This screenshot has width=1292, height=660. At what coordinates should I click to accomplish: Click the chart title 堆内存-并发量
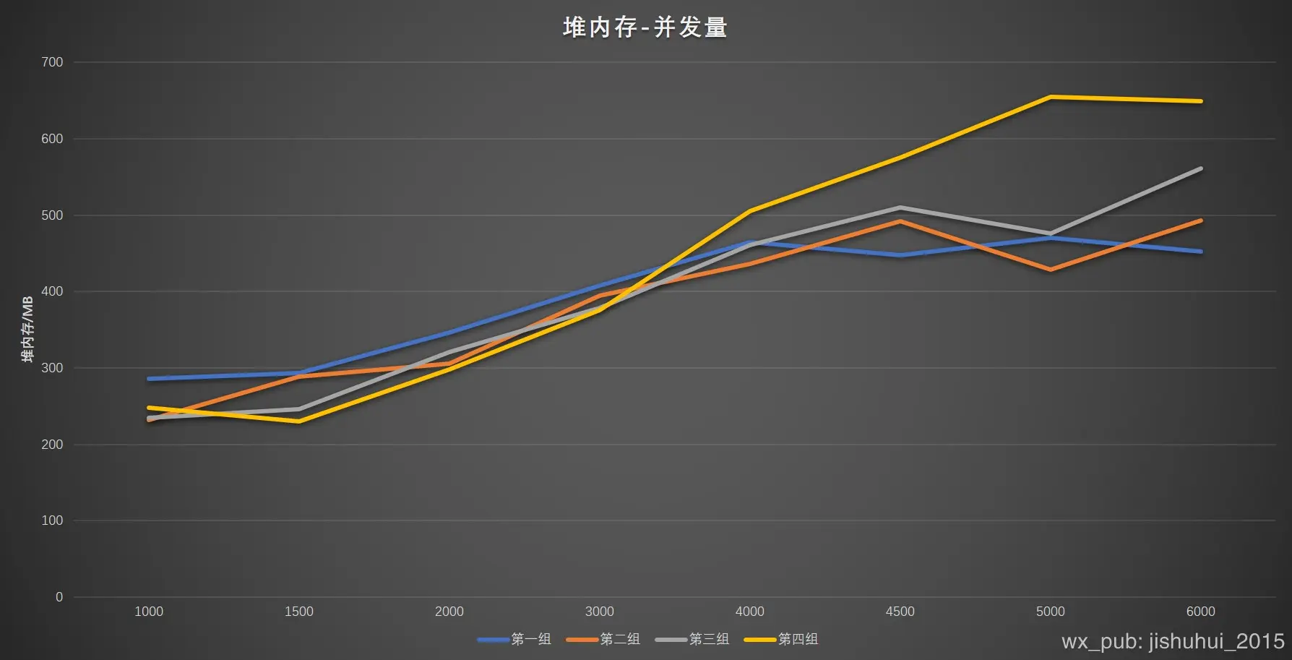(x=645, y=27)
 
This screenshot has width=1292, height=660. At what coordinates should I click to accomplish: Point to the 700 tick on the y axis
(x=52, y=62)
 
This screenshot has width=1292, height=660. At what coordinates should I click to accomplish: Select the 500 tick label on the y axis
(x=52, y=215)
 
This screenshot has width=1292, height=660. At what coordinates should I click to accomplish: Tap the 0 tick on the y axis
(x=59, y=597)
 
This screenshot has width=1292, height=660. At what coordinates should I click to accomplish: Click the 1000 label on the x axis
(x=149, y=612)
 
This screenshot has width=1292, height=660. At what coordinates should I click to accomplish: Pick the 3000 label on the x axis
(x=599, y=612)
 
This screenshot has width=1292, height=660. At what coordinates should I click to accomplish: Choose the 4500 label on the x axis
(x=900, y=612)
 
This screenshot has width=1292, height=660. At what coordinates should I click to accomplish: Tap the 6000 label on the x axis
(x=1200, y=612)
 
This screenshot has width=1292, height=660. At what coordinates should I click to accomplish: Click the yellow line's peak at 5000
(x=1050, y=97)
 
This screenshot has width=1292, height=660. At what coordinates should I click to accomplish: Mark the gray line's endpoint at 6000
(x=1200, y=169)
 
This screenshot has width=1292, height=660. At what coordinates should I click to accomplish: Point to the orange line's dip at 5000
(x=1050, y=270)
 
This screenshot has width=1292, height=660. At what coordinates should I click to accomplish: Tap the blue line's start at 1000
(x=150, y=379)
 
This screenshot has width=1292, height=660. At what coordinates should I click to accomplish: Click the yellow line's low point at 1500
(x=299, y=421)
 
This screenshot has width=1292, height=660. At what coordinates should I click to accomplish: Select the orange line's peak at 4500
(x=900, y=221)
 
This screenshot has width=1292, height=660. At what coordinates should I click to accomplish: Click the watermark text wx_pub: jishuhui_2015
(x=1173, y=641)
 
